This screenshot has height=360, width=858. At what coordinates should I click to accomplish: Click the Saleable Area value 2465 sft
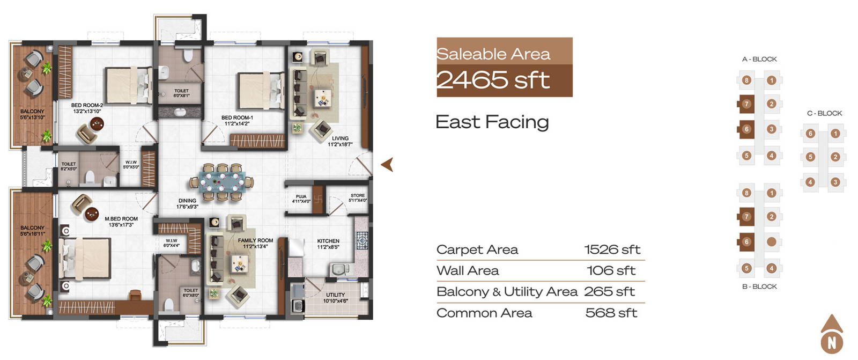tap(493, 80)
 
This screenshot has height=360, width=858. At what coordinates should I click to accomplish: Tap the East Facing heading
tap(492, 122)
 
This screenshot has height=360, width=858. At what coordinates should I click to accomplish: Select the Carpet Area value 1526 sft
tap(612, 249)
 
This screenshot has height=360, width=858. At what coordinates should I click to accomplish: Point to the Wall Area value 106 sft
tap(611, 271)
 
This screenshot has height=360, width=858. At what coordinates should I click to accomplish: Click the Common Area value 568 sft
tap(611, 313)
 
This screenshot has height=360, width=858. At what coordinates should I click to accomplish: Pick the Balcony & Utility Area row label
tap(507, 292)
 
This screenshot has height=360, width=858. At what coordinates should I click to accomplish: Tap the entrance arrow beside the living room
tap(387, 165)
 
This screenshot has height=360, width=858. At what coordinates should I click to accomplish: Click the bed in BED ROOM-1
tap(261, 91)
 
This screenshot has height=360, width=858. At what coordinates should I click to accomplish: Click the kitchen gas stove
tap(361, 241)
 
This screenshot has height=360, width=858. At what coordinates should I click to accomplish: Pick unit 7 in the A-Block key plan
tap(746, 104)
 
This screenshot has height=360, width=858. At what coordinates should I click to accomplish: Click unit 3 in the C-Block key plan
tap(835, 182)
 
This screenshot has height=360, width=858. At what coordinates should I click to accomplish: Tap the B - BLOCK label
tap(759, 286)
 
